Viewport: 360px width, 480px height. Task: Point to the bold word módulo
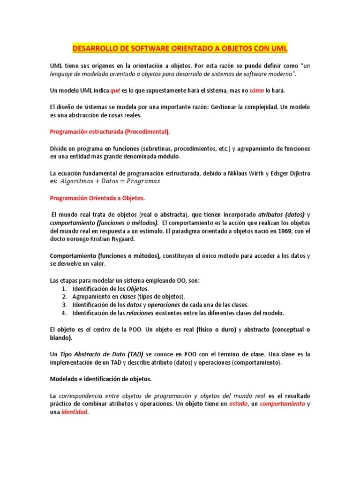(169, 157)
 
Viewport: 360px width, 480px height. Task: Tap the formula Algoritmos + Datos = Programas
(111, 181)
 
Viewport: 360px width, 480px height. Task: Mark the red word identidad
(75, 412)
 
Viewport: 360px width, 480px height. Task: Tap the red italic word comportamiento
(282, 404)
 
